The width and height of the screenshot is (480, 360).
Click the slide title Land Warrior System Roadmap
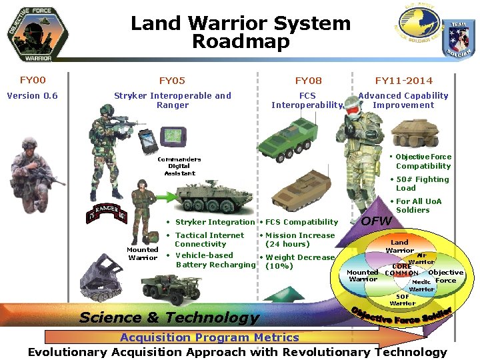(240, 32)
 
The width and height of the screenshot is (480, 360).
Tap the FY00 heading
(33, 80)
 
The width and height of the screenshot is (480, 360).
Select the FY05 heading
(172, 81)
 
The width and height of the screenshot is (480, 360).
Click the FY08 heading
(308, 81)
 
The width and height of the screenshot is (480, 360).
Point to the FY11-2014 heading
(403, 81)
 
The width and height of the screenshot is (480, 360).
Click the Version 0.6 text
(33, 95)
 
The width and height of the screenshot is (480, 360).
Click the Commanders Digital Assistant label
(179, 167)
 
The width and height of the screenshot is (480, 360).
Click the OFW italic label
(376, 221)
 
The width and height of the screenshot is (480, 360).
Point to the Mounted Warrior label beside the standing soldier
(143, 254)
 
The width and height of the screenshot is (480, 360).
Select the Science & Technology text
(169, 317)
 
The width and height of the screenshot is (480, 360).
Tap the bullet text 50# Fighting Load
(423, 183)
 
